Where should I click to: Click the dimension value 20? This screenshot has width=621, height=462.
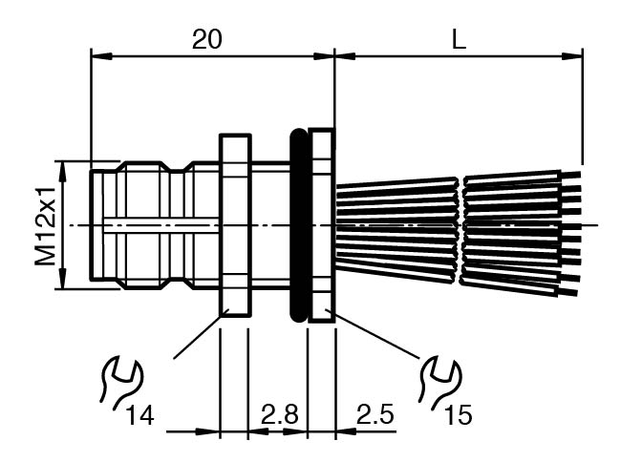click(x=206, y=40)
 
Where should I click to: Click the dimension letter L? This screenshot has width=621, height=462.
click(x=459, y=40)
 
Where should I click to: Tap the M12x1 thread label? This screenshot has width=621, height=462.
click(x=46, y=224)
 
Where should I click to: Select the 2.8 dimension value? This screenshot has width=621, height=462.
click(x=279, y=414)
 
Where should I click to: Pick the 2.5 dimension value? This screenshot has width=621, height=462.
click(x=375, y=414)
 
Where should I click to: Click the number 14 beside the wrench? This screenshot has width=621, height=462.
click(x=139, y=416)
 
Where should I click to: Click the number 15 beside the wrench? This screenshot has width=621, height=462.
click(x=459, y=415)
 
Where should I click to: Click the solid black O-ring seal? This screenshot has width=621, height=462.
click(x=299, y=225)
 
